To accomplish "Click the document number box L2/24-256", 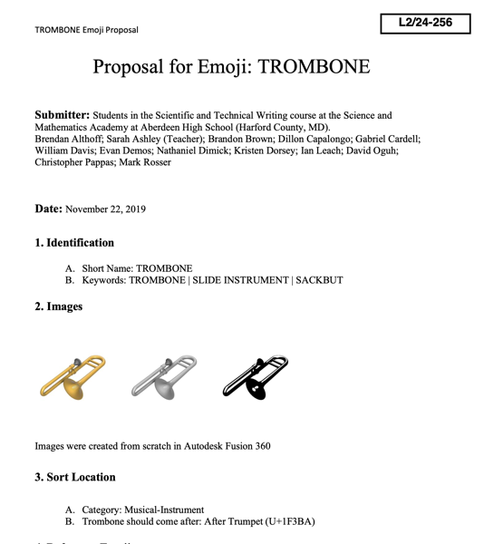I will point(425,22).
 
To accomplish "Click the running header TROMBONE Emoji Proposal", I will point(86,30).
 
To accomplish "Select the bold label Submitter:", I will point(62,115).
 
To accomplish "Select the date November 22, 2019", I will point(106,209).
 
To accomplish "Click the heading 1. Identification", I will point(74,243).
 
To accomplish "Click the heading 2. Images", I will point(59,306).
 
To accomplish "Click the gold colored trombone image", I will point(73,377).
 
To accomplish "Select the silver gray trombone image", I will point(163,377).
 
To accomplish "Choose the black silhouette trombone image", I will point(255,377).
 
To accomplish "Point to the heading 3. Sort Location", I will point(75,477).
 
